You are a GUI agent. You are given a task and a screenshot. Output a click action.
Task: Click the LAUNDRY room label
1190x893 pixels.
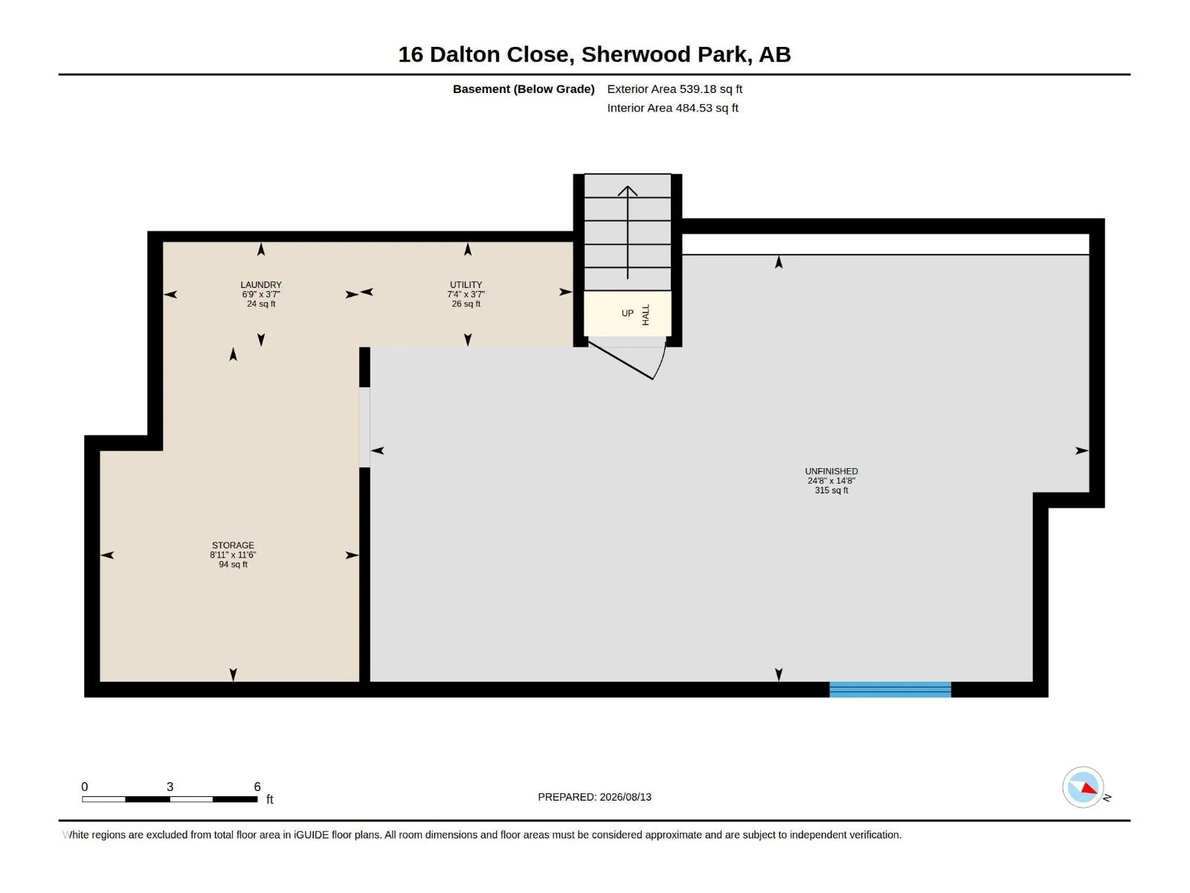261,285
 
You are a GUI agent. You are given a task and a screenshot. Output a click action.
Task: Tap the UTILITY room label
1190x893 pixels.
466,285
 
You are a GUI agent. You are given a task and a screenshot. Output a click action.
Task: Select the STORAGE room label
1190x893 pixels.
233,545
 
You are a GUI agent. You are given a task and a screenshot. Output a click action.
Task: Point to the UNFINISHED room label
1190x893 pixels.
831,471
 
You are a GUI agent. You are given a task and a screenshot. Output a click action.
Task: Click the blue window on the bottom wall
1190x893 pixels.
890,689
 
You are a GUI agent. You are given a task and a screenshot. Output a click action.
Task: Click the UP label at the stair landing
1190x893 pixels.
627,313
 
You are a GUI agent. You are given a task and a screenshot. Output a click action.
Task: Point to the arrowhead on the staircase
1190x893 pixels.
627,191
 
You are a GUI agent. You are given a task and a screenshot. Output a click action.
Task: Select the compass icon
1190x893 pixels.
1083,787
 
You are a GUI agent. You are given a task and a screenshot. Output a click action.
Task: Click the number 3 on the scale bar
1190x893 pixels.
170,786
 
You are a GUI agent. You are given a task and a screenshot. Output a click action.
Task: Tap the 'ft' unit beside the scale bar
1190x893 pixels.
269,799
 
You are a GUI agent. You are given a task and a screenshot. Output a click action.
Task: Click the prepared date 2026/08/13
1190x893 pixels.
625,797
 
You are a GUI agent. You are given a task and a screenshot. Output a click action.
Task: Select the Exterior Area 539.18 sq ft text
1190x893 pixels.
675,89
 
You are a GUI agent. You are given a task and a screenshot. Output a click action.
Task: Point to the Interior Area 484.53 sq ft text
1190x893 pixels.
673,108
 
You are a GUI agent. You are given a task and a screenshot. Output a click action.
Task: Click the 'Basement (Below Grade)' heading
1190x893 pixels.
524,89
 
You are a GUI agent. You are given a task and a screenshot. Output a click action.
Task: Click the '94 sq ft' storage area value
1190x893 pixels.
233,564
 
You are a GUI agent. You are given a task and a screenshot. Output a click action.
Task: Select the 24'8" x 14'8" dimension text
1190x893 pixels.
831,481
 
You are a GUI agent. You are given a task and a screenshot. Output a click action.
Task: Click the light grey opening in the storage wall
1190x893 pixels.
365,427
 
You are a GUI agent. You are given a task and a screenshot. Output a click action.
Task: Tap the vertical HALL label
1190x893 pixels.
646,315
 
